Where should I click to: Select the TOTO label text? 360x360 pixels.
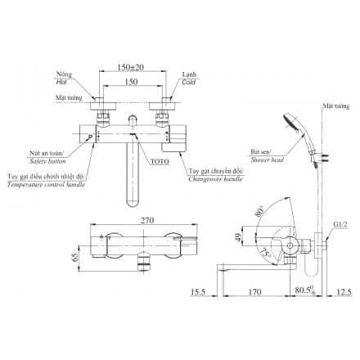(x=160, y=162)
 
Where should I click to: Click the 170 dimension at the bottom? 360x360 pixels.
(x=255, y=289)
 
